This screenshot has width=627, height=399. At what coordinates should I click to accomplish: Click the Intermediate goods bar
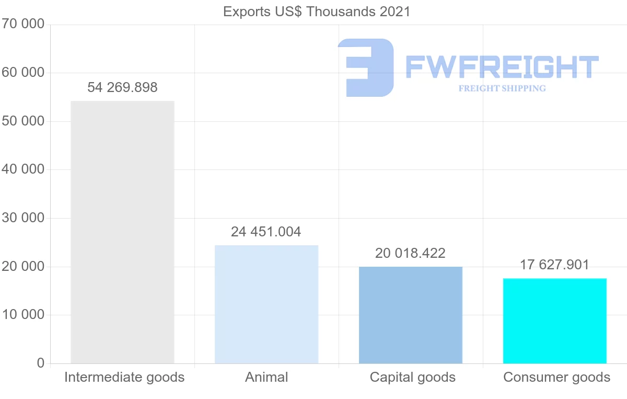(122, 232)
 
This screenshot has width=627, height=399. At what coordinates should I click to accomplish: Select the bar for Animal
(266, 304)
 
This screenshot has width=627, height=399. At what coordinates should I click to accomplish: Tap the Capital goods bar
(411, 315)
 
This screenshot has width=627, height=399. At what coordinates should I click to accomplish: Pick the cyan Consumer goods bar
(555, 321)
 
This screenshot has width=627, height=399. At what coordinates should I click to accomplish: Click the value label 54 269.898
(122, 88)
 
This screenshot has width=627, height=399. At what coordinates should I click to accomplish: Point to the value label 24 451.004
(266, 232)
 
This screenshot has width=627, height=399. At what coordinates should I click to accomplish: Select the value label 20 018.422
(410, 254)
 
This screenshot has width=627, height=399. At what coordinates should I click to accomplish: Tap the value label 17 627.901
(554, 265)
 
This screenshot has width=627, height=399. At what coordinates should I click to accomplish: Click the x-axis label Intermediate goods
(124, 377)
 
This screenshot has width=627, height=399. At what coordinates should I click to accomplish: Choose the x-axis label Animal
(266, 377)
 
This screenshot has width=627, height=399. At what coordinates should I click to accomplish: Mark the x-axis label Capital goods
(413, 377)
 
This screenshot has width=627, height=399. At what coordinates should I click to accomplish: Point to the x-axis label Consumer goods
(557, 377)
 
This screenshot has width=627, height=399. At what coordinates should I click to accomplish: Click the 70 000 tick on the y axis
(23, 24)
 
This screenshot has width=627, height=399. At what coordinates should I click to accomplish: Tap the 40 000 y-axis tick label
(23, 169)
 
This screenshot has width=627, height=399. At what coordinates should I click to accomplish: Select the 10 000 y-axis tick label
(23, 315)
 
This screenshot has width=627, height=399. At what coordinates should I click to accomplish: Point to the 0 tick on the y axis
(41, 363)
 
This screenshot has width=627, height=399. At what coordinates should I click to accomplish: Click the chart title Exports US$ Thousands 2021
(317, 12)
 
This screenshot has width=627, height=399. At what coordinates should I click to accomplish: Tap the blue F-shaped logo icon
(366, 67)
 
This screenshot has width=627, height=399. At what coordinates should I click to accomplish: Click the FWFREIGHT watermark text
(502, 67)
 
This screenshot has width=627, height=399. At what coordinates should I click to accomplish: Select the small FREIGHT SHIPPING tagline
(502, 88)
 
